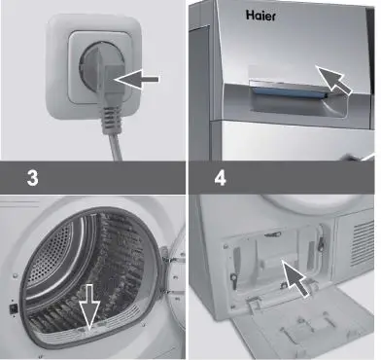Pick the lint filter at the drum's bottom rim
coord(87,336)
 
